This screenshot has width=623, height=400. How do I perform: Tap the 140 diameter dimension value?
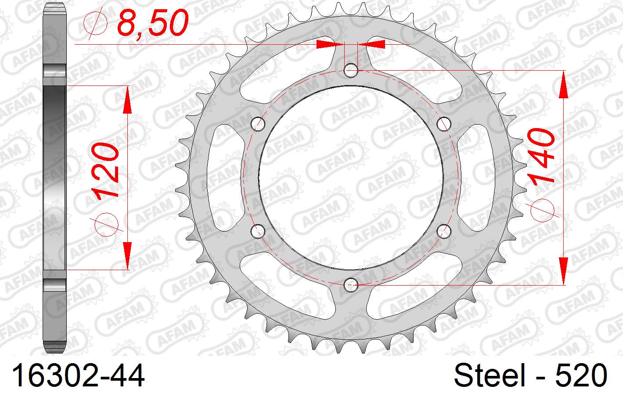[541, 155]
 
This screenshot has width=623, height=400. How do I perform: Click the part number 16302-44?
[78, 376]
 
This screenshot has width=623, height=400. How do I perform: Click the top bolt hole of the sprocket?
[351, 70]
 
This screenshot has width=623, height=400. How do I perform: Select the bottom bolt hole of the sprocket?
[351, 285]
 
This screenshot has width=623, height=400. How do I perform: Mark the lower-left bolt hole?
[258, 231]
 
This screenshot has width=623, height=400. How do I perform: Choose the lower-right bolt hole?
[444, 231]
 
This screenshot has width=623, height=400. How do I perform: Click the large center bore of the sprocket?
[351, 177]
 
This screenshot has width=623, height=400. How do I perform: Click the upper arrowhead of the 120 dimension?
[127, 99]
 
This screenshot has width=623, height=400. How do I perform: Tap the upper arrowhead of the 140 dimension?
[563, 83]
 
